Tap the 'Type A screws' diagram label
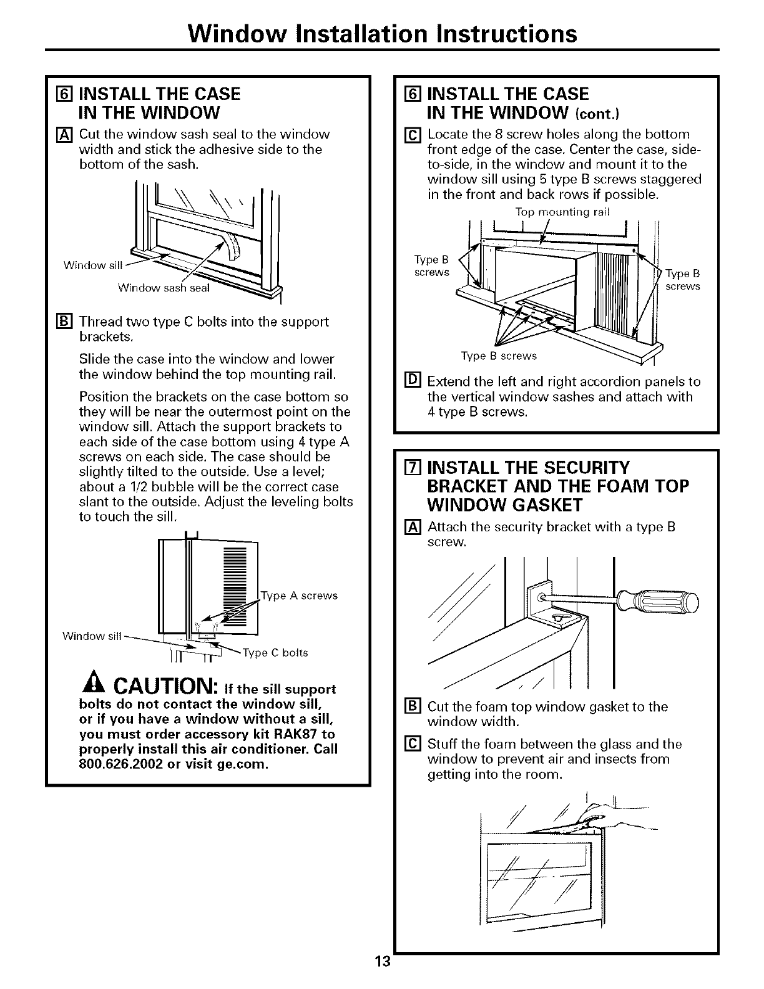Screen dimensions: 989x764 tap(300, 596)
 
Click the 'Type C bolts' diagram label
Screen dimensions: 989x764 tap(275, 653)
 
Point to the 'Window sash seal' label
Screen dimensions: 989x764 tap(164, 288)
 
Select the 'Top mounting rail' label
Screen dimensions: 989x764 tap(562, 212)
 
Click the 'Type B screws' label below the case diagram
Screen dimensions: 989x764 tap(499, 356)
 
